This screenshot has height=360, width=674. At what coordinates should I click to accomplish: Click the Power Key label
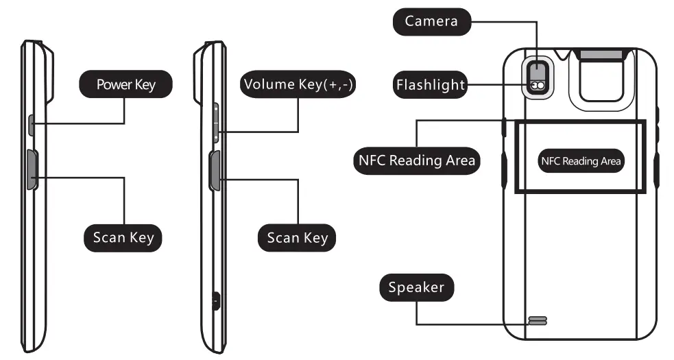coord(125,84)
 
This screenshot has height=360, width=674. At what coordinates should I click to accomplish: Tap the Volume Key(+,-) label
coord(300,84)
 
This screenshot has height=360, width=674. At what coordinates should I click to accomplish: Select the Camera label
coord(431,21)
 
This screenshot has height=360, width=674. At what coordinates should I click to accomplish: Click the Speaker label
coord(416,287)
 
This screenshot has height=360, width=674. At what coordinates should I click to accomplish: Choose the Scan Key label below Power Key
coord(123,238)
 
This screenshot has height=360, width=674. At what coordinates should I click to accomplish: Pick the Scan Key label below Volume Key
coord(297,238)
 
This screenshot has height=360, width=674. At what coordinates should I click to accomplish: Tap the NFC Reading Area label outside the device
coord(417,160)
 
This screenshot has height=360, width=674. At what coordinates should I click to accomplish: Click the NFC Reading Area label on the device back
coord(581,161)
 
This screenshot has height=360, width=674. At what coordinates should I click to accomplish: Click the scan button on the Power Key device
coord(32,170)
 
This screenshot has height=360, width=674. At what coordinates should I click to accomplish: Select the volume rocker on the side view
coord(215,124)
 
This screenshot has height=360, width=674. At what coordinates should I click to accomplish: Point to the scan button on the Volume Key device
coord(215,171)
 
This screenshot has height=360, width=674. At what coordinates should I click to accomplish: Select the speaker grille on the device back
coord(538,320)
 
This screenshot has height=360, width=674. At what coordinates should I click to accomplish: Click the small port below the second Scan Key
coord(216,299)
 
